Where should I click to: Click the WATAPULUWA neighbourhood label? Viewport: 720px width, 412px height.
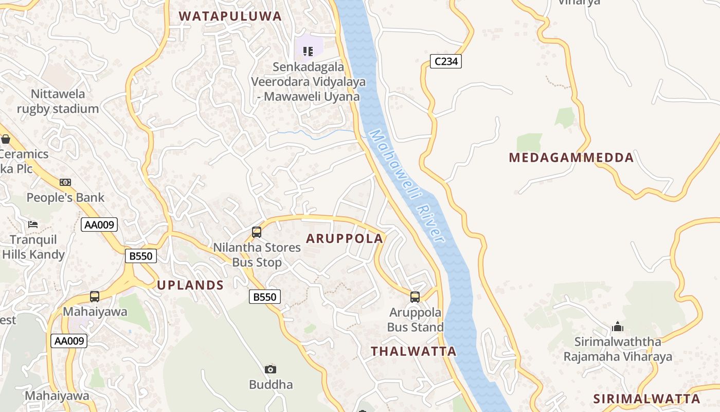point(230,16)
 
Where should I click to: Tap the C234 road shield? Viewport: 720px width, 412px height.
point(445,62)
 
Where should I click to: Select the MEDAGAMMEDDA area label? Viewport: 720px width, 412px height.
point(571,158)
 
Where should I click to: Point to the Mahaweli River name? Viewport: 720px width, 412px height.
point(406,185)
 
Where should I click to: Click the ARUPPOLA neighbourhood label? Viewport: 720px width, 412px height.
point(345,238)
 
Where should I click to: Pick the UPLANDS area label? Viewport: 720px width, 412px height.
point(190,285)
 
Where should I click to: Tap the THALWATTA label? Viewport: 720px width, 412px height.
point(413,351)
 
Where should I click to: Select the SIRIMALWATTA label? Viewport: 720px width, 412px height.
point(646,399)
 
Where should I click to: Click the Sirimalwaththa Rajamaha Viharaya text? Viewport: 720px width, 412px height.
point(617,349)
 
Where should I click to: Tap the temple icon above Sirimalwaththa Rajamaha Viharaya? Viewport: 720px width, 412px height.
point(617,327)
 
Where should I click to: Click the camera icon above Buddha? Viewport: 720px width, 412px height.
point(271,369)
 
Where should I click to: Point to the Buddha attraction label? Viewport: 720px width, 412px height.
point(271,385)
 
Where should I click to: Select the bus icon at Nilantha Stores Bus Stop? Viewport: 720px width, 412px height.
point(257,232)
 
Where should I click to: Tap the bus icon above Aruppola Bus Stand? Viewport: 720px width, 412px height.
point(415,297)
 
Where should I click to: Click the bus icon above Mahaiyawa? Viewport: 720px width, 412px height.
point(95,297)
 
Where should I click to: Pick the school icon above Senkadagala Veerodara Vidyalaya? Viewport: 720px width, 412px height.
point(308,51)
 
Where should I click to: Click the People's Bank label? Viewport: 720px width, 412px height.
point(65,197)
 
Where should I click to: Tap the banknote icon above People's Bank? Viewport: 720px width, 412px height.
point(65,182)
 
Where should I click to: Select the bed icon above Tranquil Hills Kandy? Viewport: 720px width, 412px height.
point(33,225)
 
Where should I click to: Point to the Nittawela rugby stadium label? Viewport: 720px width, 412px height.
point(58,101)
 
